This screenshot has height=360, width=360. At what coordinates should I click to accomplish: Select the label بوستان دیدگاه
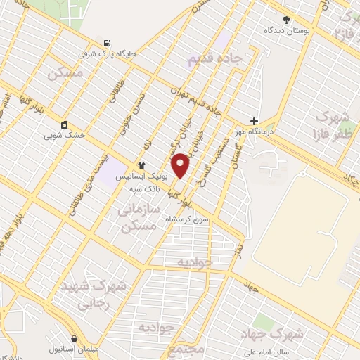tap(288, 30)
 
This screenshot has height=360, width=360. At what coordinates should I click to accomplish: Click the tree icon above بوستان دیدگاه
tap(285, 20)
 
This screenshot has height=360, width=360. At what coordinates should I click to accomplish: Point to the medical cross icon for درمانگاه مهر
tap(254, 121)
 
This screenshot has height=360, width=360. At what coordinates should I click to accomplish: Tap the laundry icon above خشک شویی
tap(65, 124)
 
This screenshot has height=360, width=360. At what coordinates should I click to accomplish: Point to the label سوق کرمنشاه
tap(187, 219)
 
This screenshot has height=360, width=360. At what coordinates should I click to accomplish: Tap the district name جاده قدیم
tap(214, 58)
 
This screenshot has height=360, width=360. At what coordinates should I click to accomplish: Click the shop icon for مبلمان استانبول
tap(74, 338)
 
